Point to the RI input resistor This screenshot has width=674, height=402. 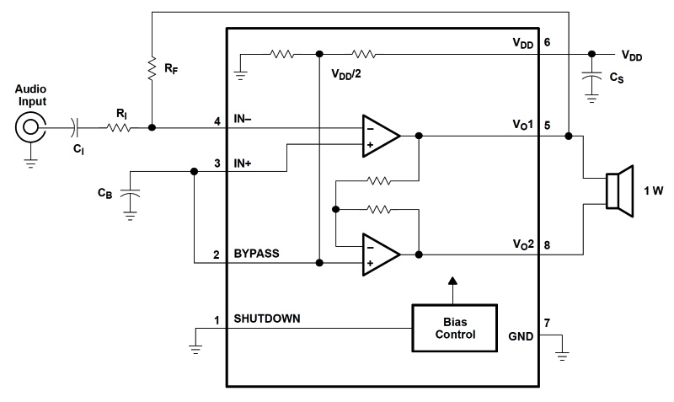coord(118,128)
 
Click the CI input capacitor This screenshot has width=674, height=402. coord(77,128)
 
